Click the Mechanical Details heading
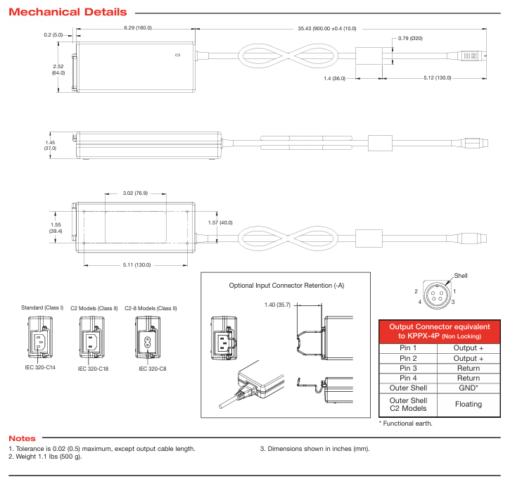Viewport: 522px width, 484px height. point(68,12)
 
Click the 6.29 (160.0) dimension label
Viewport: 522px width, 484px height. point(137,28)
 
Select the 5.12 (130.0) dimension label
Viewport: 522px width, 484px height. point(438,78)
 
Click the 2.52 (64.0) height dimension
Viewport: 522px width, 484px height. point(58,69)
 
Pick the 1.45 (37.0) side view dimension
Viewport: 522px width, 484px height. point(50,145)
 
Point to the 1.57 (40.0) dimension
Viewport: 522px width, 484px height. point(220,222)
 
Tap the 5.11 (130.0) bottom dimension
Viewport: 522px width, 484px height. point(137,265)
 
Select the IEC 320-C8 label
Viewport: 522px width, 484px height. point(152,368)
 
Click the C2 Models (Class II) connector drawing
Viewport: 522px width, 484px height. point(93,338)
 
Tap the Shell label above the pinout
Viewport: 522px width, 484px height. point(461,275)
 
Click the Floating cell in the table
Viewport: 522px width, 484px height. point(468,404)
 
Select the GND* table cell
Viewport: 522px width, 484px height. point(468,388)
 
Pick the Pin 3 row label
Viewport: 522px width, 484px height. point(408,368)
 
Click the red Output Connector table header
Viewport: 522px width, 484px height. point(440,331)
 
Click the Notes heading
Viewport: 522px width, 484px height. point(22,438)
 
